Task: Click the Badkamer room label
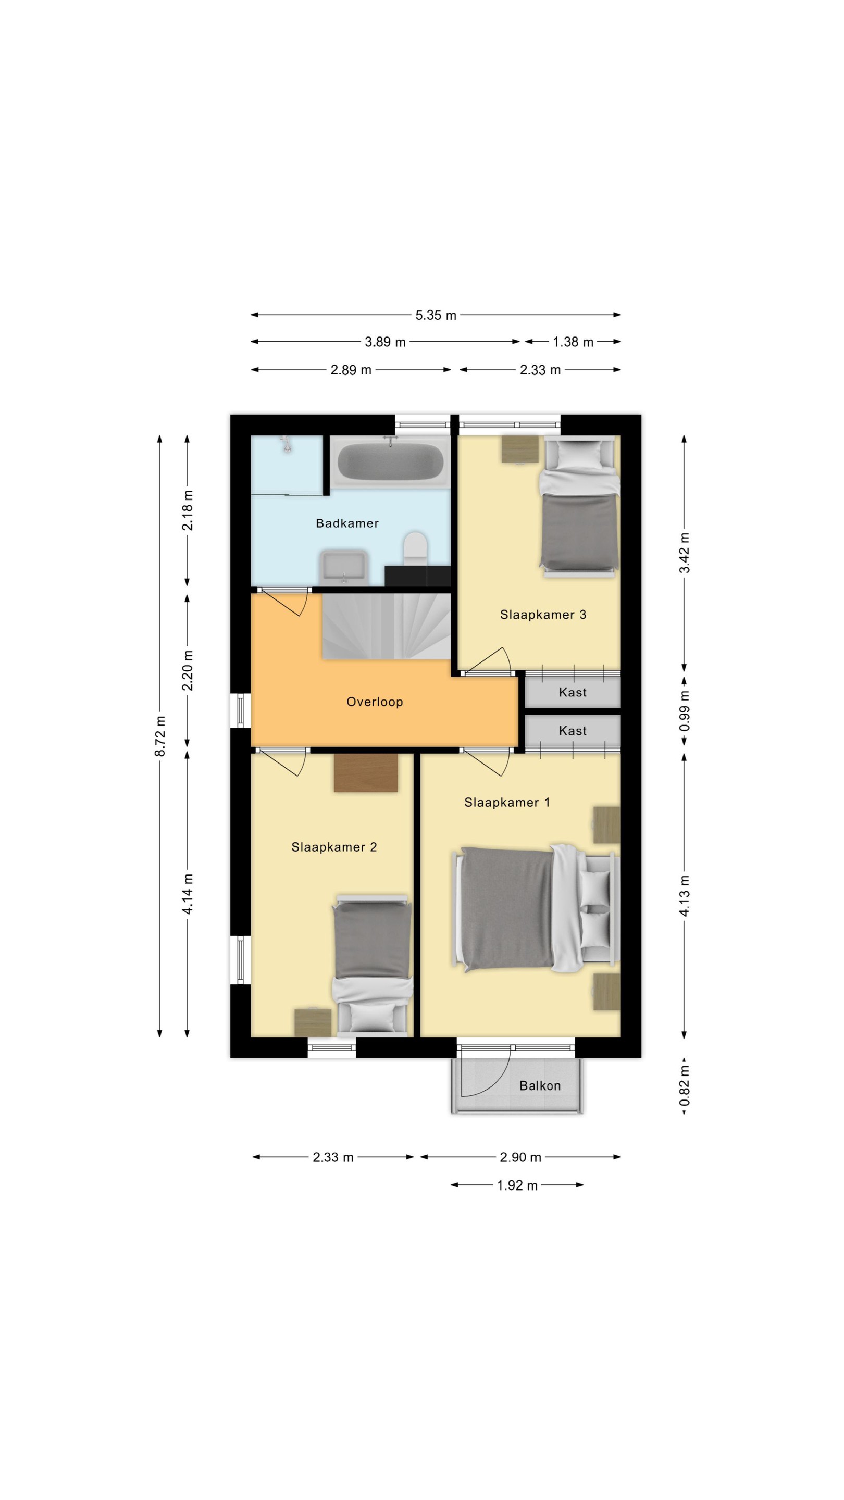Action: click(347, 523)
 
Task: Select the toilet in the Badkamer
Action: click(415, 547)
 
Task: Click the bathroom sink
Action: click(344, 567)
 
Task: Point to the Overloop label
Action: click(375, 702)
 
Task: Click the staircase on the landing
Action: click(387, 626)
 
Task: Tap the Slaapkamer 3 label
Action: click(543, 615)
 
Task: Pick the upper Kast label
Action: click(573, 692)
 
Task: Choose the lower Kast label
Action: click(573, 731)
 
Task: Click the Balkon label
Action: click(540, 1086)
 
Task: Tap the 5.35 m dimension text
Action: click(436, 315)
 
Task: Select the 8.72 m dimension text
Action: click(160, 736)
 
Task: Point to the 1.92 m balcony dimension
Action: click(517, 1185)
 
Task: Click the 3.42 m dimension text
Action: click(685, 553)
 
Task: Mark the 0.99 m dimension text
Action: click(685, 711)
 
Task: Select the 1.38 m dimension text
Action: click(573, 342)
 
